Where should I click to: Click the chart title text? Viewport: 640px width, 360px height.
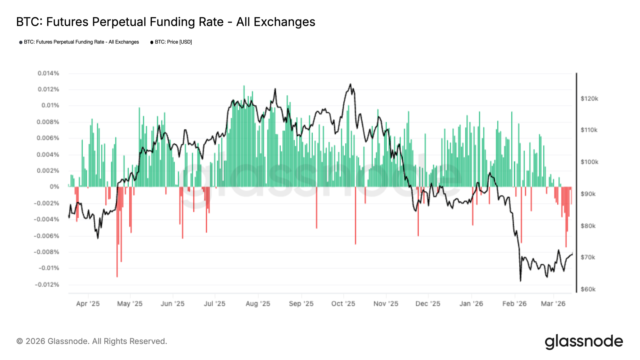[165, 22]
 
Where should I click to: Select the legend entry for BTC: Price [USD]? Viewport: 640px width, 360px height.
[173, 42]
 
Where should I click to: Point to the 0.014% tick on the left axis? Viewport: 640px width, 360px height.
[48, 73]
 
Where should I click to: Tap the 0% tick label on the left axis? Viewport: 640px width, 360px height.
[54, 187]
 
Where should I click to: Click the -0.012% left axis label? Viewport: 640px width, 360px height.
[47, 284]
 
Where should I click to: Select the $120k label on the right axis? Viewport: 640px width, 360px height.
[589, 99]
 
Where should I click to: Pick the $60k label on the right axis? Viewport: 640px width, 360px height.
[588, 289]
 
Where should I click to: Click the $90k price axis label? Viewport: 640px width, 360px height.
[588, 194]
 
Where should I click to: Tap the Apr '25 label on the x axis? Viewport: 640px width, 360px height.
[88, 304]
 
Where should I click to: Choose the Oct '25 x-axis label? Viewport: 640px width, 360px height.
[343, 304]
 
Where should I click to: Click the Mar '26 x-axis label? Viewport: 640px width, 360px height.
[553, 304]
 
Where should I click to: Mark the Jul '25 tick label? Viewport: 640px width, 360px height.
[214, 304]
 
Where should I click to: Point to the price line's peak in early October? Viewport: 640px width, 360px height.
[350, 84]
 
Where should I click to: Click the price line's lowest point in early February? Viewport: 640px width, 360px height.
[520, 281]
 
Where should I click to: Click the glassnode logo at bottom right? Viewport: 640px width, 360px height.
[584, 341]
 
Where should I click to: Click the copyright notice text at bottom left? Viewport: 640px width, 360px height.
[92, 341]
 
